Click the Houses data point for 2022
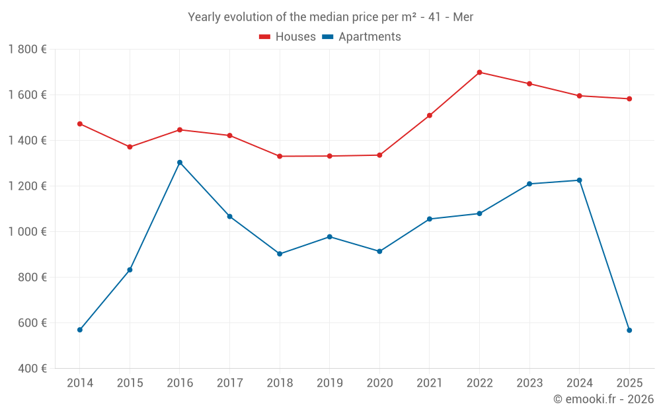[x=479, y=73]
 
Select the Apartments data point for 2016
[x=180, y=163]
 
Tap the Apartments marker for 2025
[x=629, y=330]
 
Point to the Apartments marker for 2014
[x=80, y=330]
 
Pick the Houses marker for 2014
[x=80, y=124]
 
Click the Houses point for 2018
[x=280, y=156]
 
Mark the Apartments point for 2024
[x=580, y=180]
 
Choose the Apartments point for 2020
[x=379, y=251]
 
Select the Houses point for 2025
[x=629, y=99]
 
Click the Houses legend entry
[x=288, y=37]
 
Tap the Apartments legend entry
[x=362, y=37]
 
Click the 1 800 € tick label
[x=27, y=50]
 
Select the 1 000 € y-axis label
[x=27, y=232]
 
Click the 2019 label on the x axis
[x=329, y=383]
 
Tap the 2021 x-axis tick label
[x=430, y=383]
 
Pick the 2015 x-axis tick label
[x=130, y=383]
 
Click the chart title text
[x=330, y=17]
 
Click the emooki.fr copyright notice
[x=603, y=399]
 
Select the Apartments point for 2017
[x=230, y=217]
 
